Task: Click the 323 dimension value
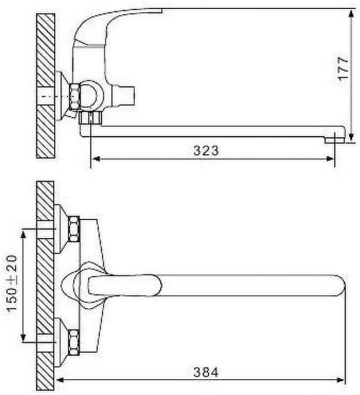click(206, 151)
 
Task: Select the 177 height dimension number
click(344, 68)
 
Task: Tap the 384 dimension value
click(206, 372)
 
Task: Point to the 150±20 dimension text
click(12, 283)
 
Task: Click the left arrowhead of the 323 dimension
click(96, 159)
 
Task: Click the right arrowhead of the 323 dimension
click(330, 159)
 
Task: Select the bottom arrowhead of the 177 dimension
click(351, 137)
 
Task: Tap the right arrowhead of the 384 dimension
click(340, 380)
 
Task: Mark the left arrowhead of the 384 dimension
click(60, 380)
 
